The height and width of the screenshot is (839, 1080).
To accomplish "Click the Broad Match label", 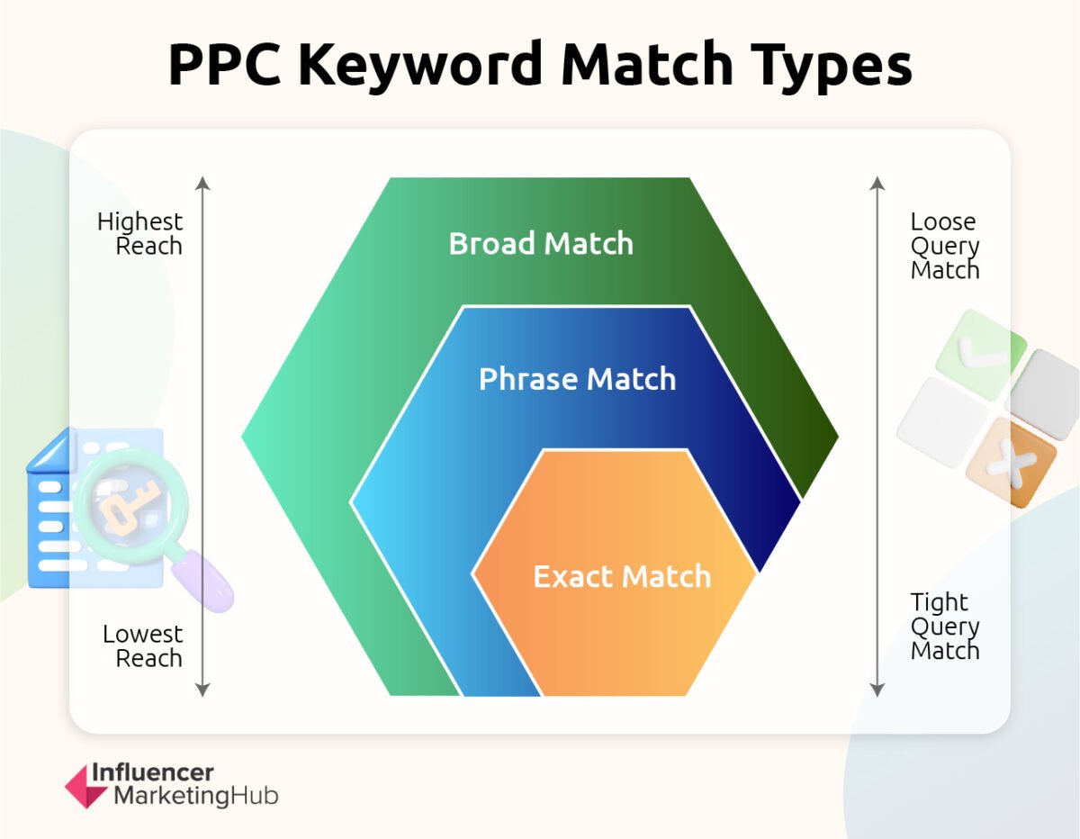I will pyautogui.click(x=541, y=244).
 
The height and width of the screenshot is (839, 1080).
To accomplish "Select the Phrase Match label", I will pyautogui.click(x=577, y=379).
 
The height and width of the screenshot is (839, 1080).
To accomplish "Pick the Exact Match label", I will pyautogui.click(x=622, y=576).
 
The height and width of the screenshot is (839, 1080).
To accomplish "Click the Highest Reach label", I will pyautogui.click(x=140, y=234).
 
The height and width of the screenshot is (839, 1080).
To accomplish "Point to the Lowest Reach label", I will pyautogui.click(x=142, y=645).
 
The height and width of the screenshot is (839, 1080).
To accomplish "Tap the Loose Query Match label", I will pyautogui.click(x=944, y=246).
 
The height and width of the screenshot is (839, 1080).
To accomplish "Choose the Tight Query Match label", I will pyautogui.click(x=944, y=627).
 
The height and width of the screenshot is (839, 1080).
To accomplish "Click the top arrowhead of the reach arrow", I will pyautogui.click(x=202, y=184).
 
